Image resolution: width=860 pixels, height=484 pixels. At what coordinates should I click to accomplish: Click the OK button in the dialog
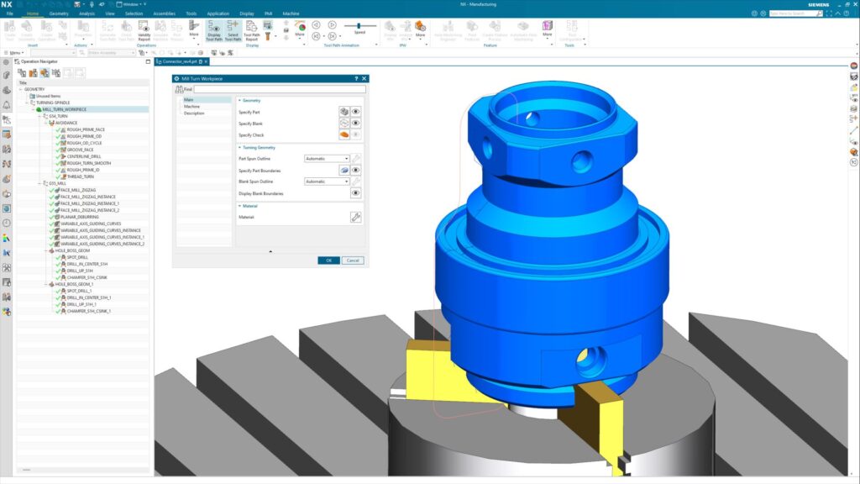point(328,260)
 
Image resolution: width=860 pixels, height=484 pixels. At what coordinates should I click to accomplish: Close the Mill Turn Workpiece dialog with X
point(364,78)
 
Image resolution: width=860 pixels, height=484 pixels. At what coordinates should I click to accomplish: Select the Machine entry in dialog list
point(192,106)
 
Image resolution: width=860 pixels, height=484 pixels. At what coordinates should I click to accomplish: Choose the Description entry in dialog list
point(194,113)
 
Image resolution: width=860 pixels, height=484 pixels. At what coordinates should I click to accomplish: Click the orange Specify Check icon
point(344,134)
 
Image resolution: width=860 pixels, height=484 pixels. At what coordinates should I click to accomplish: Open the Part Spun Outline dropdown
point(327,158)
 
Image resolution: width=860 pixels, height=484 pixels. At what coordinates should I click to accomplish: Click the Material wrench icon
point(355,217)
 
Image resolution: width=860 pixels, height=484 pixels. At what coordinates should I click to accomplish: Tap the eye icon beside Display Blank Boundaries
point(355,193)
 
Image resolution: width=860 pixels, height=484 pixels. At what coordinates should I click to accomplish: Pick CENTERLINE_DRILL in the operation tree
point(84,156)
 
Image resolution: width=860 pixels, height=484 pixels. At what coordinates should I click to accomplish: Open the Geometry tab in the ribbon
point(59,14)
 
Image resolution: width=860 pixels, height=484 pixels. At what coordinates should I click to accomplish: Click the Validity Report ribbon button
point(144,32)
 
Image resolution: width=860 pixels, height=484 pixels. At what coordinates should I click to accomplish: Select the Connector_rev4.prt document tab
point(180,61)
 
